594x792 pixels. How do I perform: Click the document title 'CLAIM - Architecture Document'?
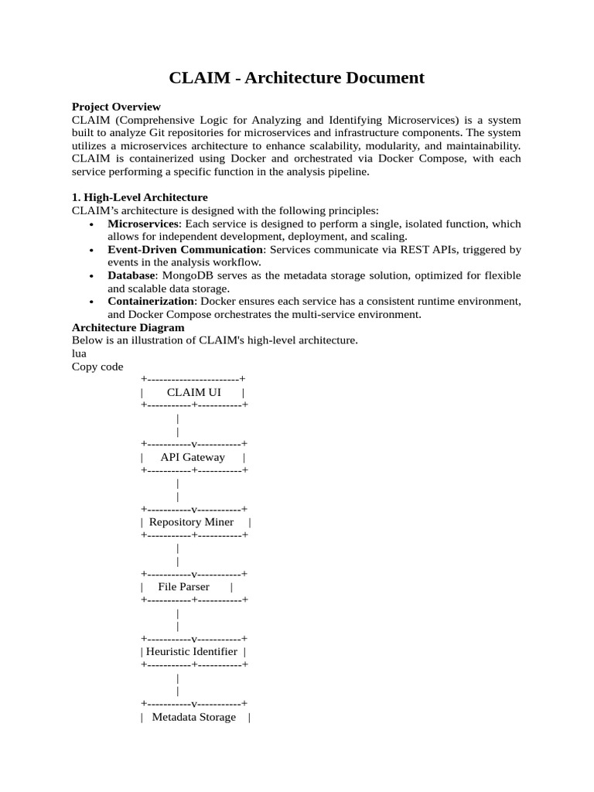point(297,77)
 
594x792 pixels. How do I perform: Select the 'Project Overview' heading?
point(116,107)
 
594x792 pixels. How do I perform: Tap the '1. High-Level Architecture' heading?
point(139,197)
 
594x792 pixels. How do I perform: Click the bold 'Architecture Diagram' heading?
point(128,327)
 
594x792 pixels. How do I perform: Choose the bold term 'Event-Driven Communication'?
point(185,250)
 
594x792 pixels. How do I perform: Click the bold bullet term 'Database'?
point(131,275)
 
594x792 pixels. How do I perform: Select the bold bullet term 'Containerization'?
point(151,302)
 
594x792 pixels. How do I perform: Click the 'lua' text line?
point(79,353)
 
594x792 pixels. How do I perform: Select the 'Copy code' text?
point(97,367)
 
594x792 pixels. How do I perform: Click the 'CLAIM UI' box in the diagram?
point(193,392)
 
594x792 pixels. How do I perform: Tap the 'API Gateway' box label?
point(193,457)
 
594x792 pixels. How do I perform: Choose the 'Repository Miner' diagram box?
point(192,522)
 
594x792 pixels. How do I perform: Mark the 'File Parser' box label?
point(184,587)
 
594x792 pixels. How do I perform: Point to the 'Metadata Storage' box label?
point(194,717)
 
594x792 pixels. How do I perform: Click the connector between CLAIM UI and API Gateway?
point(179,425)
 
